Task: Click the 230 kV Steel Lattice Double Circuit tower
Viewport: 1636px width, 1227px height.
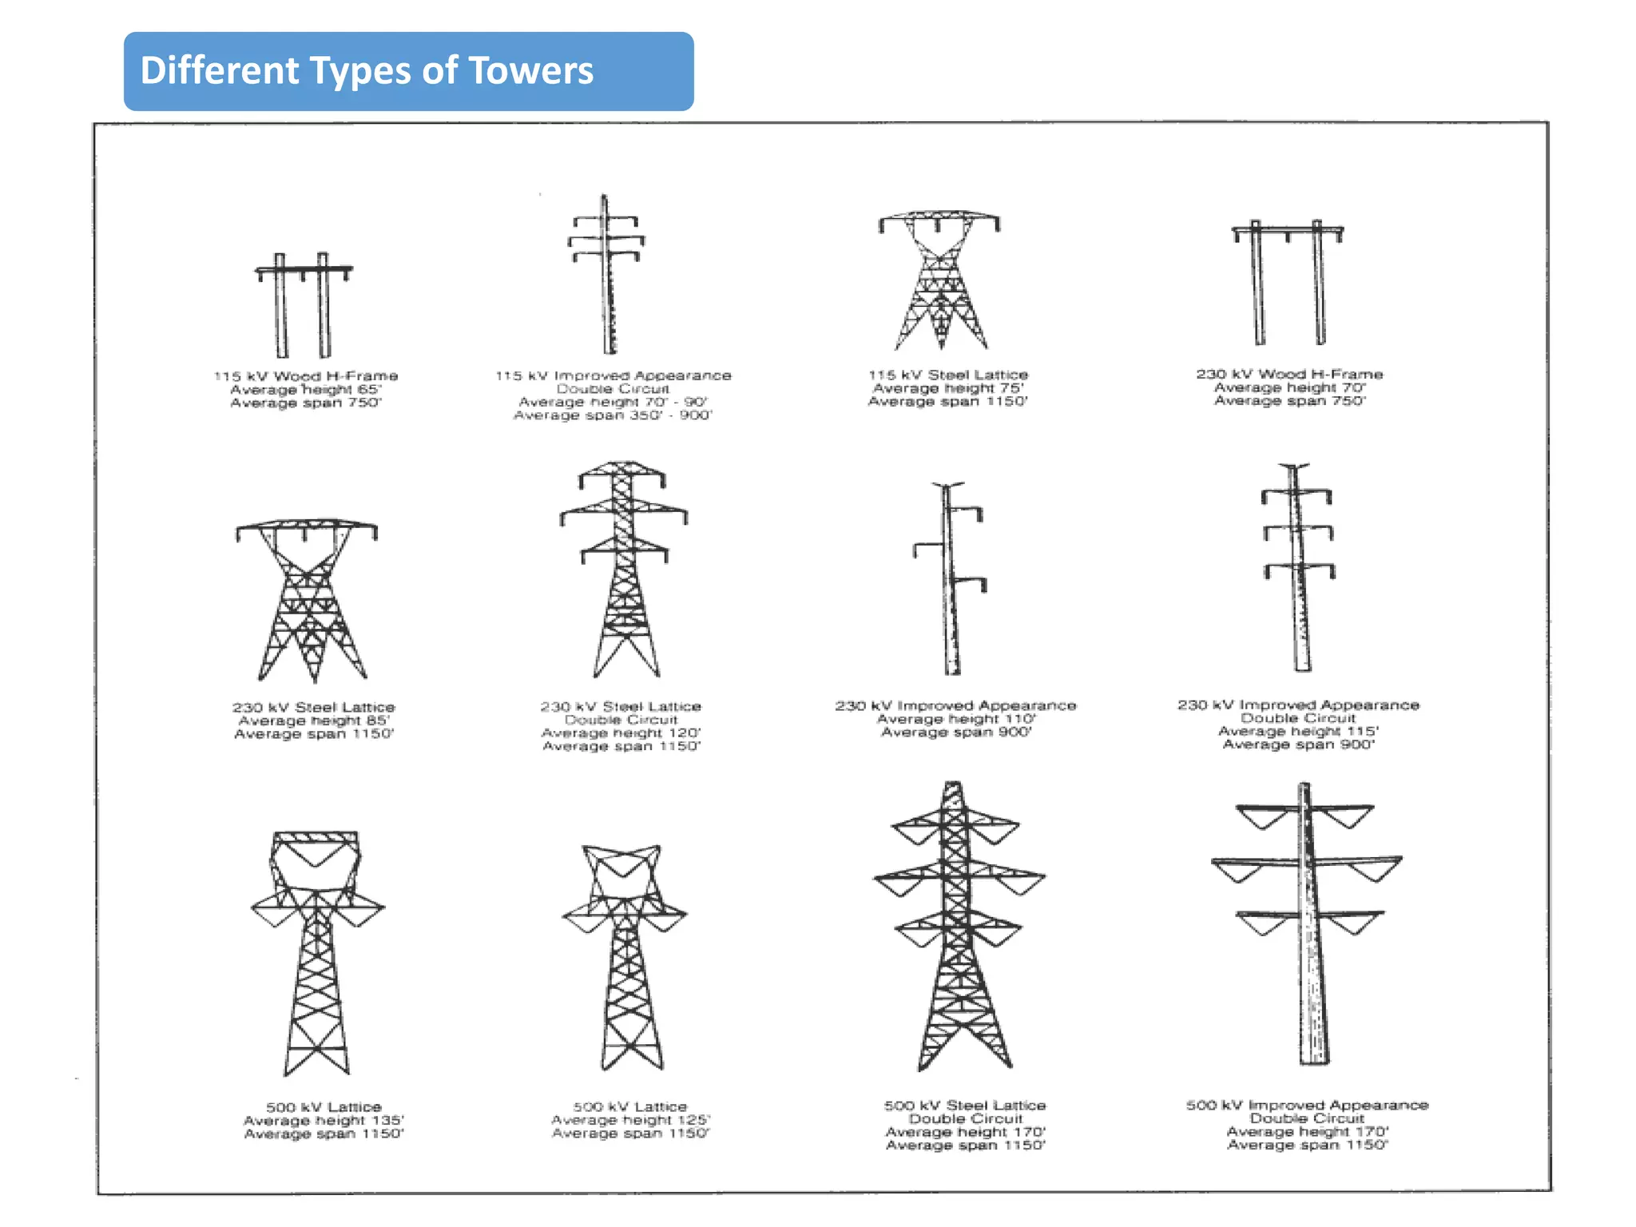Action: [x=624, y=567]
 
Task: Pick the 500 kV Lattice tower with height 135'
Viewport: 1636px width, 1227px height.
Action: [x=317, y=951]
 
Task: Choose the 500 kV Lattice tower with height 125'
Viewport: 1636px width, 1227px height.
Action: [x=625, y=955]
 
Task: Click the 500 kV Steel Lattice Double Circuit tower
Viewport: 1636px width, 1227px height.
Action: [x=959, y=927]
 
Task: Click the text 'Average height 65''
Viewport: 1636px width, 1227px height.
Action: [x=306, y=390]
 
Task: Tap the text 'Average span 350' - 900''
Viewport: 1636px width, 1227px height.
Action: [x=613, y=415]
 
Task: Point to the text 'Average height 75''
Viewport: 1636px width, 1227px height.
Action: [x=947, y=388]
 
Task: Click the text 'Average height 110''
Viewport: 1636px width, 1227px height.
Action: [x=955, y=719]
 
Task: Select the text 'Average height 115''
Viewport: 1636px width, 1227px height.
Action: [x=1298, y=731]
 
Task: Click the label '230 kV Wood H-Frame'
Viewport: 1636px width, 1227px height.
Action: [x=1289, y=374]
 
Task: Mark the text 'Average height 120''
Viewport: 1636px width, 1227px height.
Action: [x=621, y=733]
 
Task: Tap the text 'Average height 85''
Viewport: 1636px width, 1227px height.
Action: [x=314, y=721]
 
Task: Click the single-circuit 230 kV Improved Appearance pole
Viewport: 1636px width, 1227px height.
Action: [x=950, y=579]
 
